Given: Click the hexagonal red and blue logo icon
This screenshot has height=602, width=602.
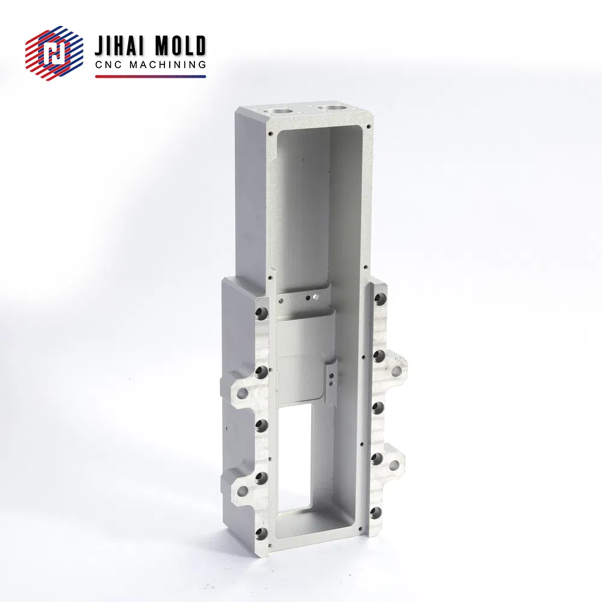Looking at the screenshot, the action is pos(54,53).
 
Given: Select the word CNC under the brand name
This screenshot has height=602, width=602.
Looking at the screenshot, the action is pos(108,64).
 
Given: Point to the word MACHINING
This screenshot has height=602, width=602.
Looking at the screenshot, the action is pos(168,64).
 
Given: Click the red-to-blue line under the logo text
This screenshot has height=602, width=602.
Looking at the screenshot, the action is pos(150,76).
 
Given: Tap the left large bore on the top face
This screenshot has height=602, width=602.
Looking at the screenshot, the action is pos(277,111).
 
